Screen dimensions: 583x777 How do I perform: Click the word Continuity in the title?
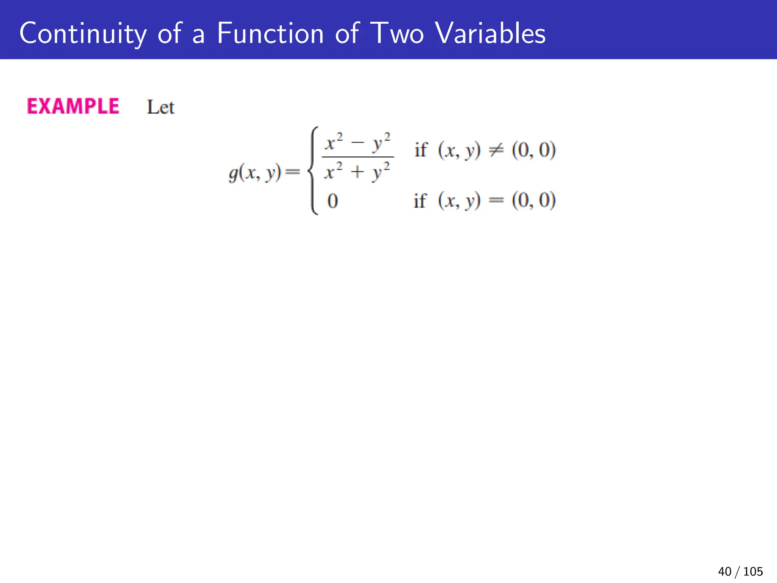(83, 33)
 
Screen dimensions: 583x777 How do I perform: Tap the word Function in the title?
(270, 33)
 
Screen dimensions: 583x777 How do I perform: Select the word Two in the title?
(396, 33)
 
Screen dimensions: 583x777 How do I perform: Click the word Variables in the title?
(490, 33)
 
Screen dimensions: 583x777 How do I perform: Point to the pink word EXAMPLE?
(73, 106)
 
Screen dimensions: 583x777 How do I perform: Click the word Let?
(160, 107)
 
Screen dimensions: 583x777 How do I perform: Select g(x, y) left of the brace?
(255, 173)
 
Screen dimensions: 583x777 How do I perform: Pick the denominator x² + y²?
(357, 172)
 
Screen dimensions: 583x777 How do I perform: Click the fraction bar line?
(358, 157)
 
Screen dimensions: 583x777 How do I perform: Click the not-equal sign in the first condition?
(496, 150)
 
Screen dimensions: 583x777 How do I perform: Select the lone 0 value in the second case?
(332, 201)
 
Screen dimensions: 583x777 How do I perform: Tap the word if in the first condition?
(420, 150)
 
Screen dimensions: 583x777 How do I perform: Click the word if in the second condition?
(420, 201)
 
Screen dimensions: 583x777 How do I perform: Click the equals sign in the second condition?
(496, 201)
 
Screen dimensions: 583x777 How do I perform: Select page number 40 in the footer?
(724, 571)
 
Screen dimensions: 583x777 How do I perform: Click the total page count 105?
(753, 571)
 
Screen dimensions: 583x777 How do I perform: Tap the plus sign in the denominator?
(357, 173)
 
